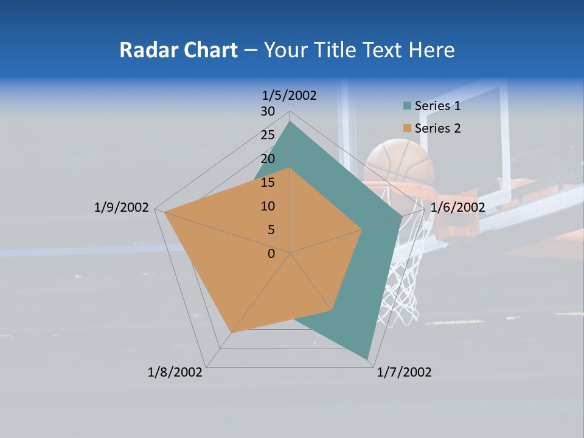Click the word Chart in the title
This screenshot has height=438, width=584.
point(207,50)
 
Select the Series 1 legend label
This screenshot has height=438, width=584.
point(437,106)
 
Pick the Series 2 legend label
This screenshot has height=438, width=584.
point(437,128)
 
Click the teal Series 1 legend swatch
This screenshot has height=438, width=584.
point(407,106)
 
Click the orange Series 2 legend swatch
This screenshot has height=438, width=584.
point(407,128)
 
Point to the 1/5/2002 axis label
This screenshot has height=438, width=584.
point(289,95)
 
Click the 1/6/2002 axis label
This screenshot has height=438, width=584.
point(457,207)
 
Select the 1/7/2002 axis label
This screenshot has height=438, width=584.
point(404,372)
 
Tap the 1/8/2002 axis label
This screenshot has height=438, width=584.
point(175,372)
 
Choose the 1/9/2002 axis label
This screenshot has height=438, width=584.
point(121,207)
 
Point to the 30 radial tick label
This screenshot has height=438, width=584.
point(268,111)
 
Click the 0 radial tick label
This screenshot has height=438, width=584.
point(271,254)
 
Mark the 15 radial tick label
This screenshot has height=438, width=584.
point(268,182)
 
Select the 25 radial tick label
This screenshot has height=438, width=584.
point(268,135)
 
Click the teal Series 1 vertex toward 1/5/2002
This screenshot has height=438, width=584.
point(290,122)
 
